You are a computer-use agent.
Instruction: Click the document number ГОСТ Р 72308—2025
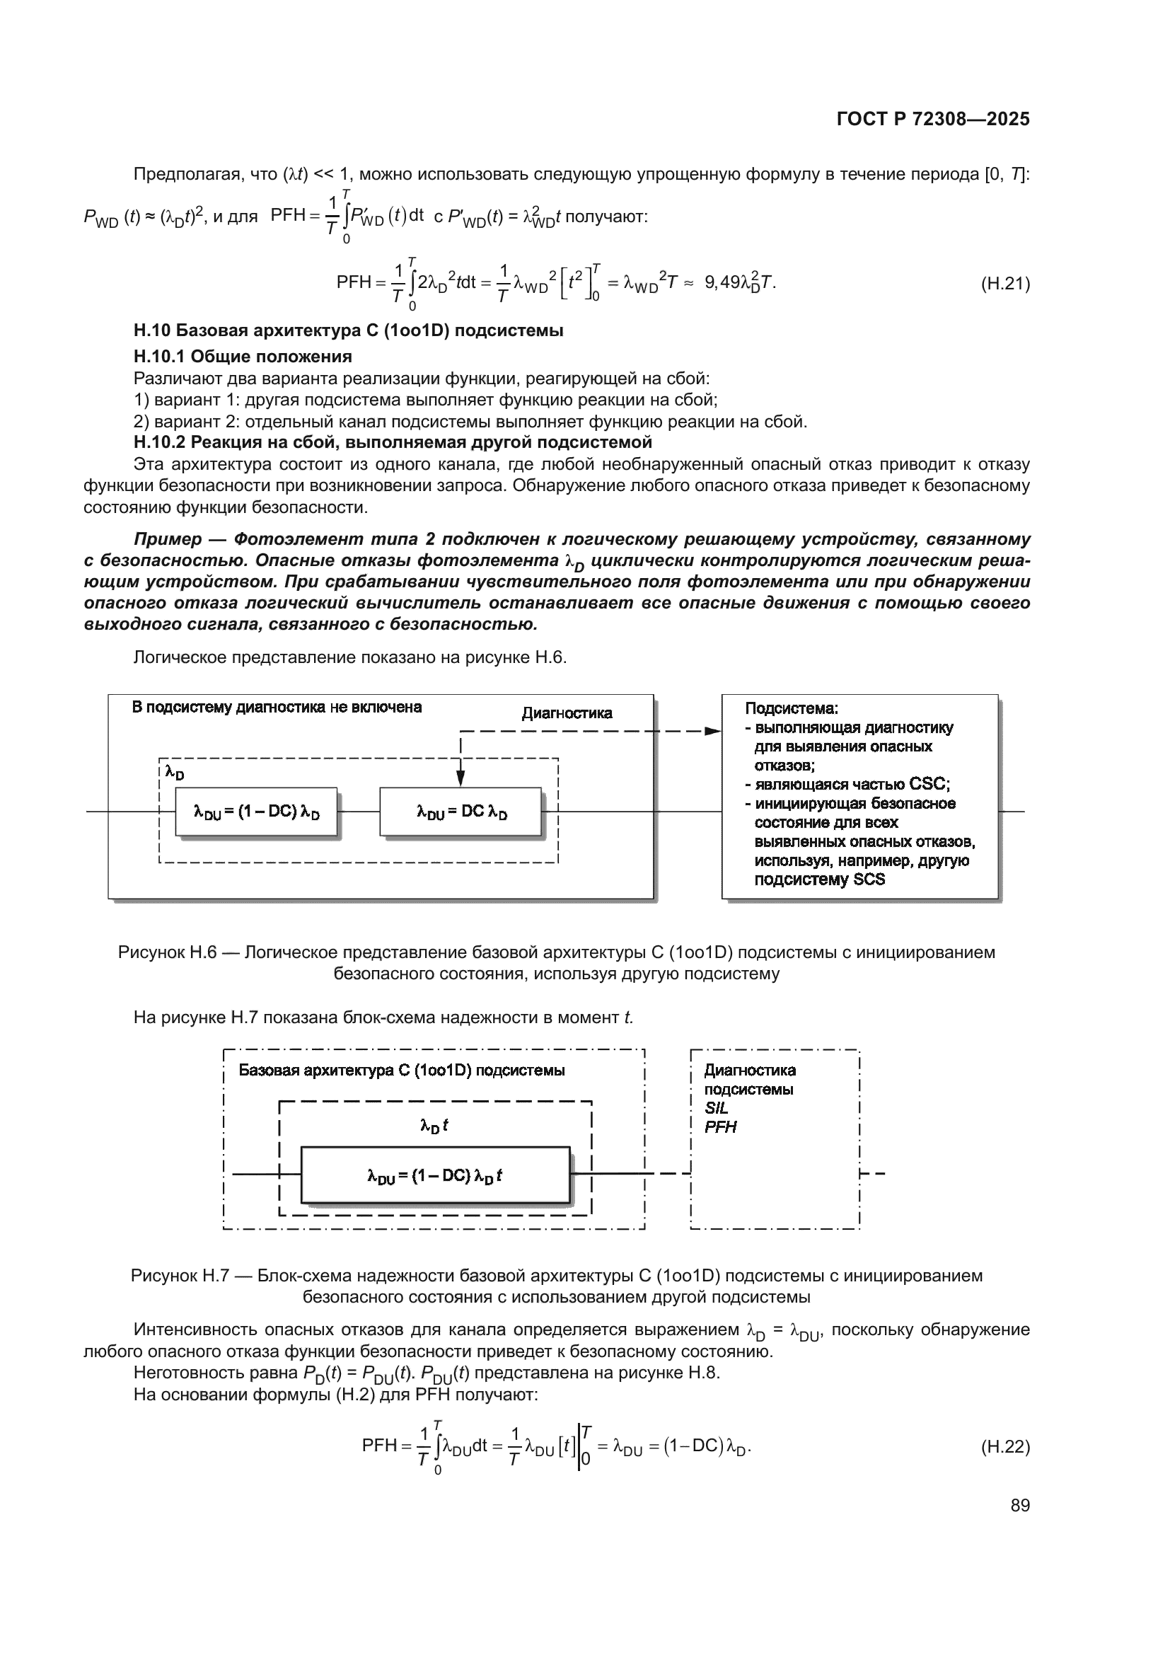(933, 119)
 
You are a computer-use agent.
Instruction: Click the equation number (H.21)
(1005, 283)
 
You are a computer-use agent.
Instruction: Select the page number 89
(1020, 1505)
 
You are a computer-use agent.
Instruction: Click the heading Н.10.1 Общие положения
(243, 356)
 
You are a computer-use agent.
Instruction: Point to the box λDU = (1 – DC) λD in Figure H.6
(257, 812)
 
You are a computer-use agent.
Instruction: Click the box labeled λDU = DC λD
(461, 812)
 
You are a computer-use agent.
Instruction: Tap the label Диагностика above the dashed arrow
(567, 713)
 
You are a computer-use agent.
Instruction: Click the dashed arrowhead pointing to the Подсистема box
(712, 731)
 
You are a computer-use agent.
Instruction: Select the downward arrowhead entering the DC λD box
(461, 778)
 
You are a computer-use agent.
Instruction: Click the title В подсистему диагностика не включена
(277, 707)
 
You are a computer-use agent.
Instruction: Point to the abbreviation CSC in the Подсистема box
(929, 784)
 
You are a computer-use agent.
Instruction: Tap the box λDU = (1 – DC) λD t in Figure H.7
(435, 1176)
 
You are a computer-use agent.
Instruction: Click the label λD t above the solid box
(434, 1125)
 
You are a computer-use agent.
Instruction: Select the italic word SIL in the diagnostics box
(716, 1108)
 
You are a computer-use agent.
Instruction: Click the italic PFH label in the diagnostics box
(720, 1127)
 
